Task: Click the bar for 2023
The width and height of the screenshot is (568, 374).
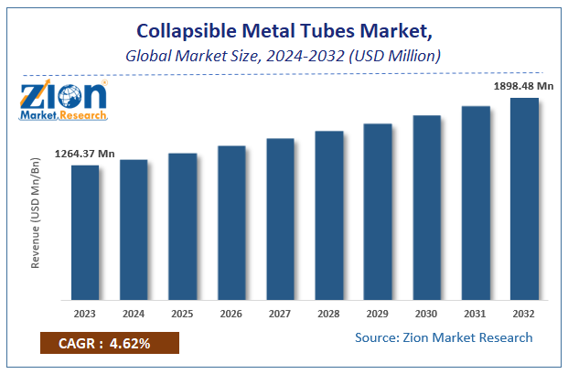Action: point(85,232)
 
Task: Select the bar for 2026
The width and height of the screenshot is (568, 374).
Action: point(231,223)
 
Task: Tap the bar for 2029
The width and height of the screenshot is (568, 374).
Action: point(378,212)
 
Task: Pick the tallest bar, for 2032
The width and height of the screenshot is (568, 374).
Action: point(524,198)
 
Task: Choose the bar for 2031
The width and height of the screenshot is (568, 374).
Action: point(475,203)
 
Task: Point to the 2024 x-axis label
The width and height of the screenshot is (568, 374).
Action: point(134,313)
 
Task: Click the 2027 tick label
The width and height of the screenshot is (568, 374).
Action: point(280,313)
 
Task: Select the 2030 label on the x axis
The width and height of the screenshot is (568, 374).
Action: point(426,313)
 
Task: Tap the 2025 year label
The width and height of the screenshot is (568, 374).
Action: point(183,313)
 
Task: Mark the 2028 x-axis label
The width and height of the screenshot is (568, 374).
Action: point(328,313)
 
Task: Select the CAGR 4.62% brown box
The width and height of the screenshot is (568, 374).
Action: point(109,344)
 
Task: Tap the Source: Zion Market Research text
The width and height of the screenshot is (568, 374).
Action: point(444,337)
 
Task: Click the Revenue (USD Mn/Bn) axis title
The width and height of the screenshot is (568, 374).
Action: point(37,212)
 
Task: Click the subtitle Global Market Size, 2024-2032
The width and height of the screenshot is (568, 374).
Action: point(284,56)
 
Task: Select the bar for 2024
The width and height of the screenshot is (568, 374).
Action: point(134,230)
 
